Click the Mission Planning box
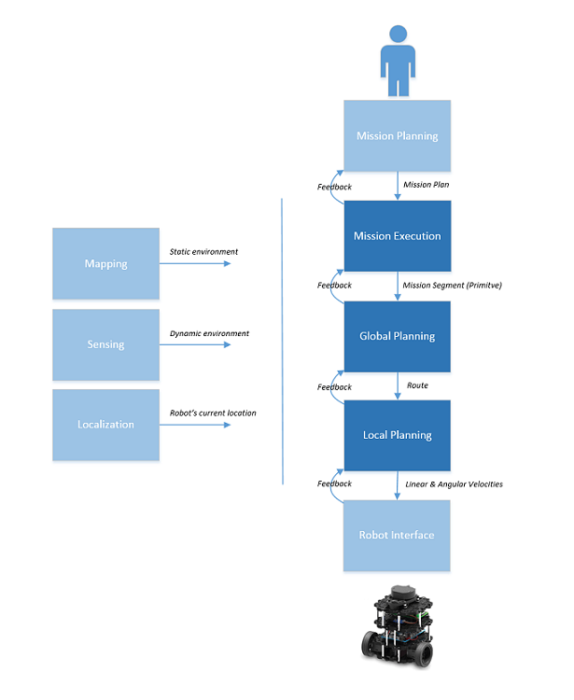click(x=397, y=135)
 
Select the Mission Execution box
click(x=398, y=236)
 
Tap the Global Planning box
click(x=398, y=336)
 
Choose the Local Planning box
click(x=398, y=435)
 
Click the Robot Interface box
click(x=397, y=536)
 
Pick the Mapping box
click(x=105, y=263)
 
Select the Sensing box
click(x=105, y=344)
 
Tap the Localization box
click(x=105, y=425)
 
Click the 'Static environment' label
click(x=203, y=252)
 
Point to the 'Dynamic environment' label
click(x=209, y=333)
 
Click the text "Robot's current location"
click(x=213, y=413)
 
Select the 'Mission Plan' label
click(x=427, y=185)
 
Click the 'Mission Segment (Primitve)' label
click(x=452, y=286)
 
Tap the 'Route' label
click(x=417, y=385)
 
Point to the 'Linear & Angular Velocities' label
click(x=454, y=484)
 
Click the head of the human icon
click(x=398, y=34)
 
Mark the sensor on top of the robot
click(x=402, y=594)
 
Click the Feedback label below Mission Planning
click(x=334, y=187)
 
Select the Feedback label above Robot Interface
click(x=334, y=483)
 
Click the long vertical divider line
click(x=282, y=342)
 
